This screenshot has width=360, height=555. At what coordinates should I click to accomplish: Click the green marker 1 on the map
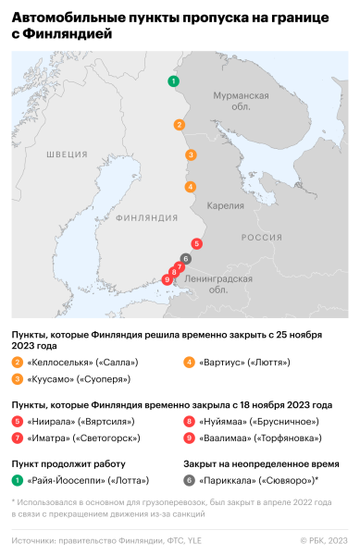[x=173, y=82]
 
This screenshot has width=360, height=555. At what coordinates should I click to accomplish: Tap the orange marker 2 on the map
[x=180, y=125]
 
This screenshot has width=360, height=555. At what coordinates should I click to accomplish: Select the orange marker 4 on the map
[x=191, y=187]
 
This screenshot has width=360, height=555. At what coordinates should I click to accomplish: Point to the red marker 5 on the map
[x=197, y=243]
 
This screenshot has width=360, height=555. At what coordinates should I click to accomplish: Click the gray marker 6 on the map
[x=186, y=259]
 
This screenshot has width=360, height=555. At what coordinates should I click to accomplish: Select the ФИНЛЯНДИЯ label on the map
[x=148, y=217]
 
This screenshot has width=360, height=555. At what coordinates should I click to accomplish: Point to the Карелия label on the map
[x=226, y=205]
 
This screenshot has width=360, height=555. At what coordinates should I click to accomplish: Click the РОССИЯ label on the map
[x=262, y=238]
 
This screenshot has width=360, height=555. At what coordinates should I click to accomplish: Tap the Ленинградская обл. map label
[x=219, y=284]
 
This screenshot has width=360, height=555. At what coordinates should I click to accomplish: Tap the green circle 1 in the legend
[x=18, y=480]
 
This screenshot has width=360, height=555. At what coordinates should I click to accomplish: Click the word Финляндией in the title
[x=71, y=34]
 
